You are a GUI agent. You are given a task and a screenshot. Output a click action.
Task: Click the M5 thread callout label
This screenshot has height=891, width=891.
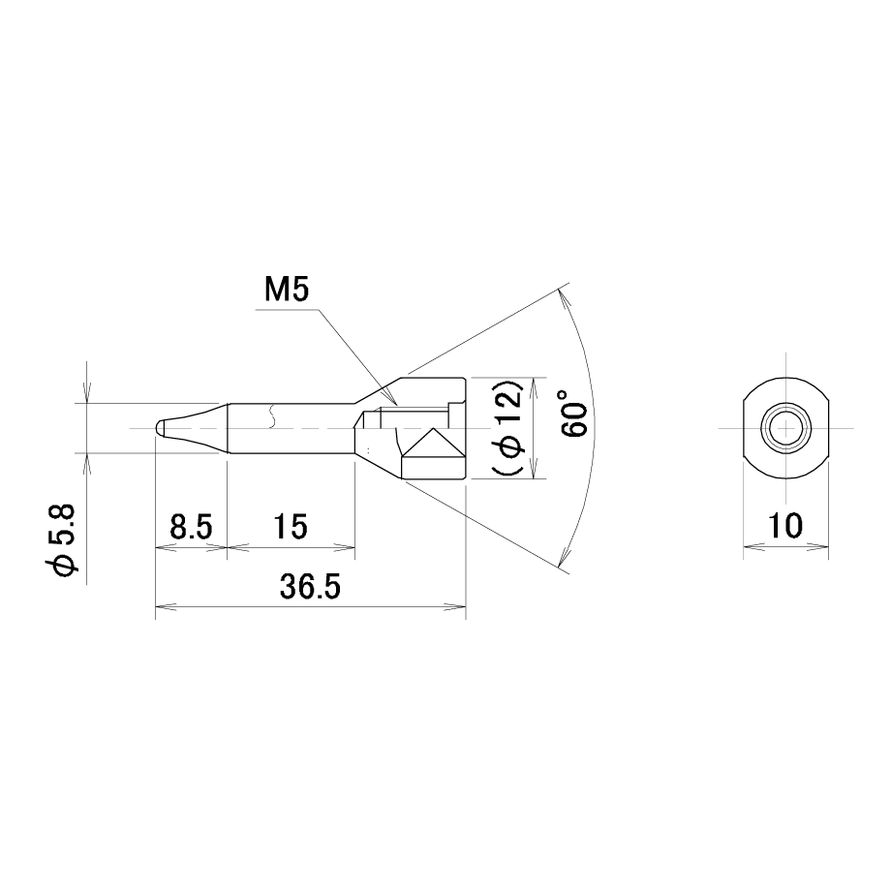click(x=287, y=291)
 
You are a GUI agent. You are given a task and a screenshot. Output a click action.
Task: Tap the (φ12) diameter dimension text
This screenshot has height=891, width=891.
click(x=508, y=427)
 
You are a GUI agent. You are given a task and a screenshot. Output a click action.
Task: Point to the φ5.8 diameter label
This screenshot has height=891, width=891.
click(x=62, y=539)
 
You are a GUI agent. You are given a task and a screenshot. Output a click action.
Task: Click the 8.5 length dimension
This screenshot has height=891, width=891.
click(x=191, y=526)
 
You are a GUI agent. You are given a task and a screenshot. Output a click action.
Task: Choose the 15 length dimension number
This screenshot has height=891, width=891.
click(x=291, y=526)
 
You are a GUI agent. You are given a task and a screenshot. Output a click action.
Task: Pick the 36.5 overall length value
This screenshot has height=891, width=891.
click(x=310, y=587)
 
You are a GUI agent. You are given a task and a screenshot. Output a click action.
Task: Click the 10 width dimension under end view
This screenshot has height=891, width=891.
click(x=785, y=526)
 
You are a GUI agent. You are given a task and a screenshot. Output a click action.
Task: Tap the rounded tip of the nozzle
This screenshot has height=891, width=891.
click(x=160, y=428)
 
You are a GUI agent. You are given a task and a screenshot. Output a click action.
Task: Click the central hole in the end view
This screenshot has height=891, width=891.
click(x=785, y=427)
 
